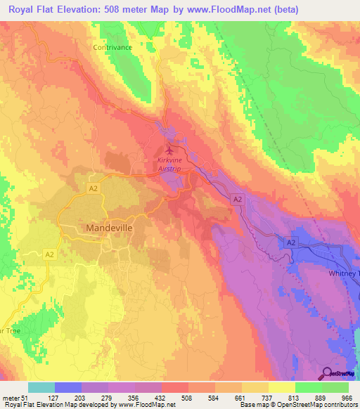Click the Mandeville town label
[109, 228]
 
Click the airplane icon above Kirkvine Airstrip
[168, 150]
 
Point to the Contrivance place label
[112, 47]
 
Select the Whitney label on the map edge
[344, 273]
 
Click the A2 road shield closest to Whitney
[290, 242]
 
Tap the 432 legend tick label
[161, 398]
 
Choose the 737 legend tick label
[267, 398]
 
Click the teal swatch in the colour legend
[41, 387]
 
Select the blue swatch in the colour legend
[67, 387]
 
